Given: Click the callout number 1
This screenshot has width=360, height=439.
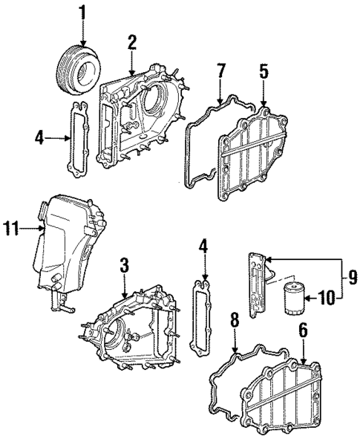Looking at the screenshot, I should click(83, 12).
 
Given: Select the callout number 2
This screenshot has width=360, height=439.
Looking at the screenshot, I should click(131, 42).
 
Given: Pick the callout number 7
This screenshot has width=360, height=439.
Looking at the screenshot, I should click(220, 73).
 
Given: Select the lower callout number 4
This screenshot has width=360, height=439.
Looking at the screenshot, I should click(203, 246).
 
